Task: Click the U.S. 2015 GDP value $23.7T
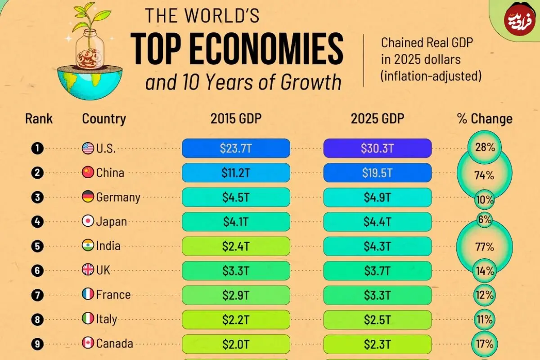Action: point(236,148)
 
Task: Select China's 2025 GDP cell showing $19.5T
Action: point(377,173)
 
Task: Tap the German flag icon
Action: point(88,196)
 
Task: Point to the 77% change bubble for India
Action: point(485,247)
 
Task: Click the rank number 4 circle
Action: point(37,221)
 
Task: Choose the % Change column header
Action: point(485,119)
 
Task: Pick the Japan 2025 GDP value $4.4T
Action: point(377,221)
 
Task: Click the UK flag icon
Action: point(88,270)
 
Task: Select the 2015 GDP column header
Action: point(236,119)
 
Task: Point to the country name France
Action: point(113,295)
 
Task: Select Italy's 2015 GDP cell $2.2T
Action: point(236,319)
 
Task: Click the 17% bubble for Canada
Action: point(485,344)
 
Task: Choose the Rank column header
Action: point(39,119)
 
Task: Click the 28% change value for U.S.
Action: point(485,147)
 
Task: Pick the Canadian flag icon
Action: point(88,342)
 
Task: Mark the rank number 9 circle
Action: point(37,344)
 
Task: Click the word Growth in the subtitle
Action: point(311,82)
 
